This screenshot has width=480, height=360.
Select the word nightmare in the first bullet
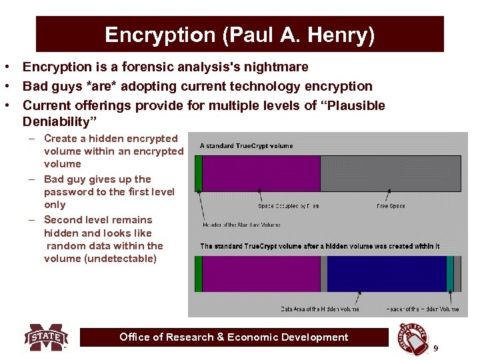[275, 67]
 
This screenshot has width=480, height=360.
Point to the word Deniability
[60, 122]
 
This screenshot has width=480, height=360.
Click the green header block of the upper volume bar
[198, 173]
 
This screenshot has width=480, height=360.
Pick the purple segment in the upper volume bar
[261, 173]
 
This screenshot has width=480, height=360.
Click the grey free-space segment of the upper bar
[390, 173]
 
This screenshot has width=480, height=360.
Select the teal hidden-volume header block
[450, 274]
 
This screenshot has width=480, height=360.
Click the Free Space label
[391, 206]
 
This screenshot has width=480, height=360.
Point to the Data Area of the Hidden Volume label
[320, 309]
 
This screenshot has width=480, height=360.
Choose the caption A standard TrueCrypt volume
[247, 145]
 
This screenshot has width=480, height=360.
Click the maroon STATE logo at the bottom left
[46, 337]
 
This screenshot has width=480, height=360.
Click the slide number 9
[436, 349]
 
